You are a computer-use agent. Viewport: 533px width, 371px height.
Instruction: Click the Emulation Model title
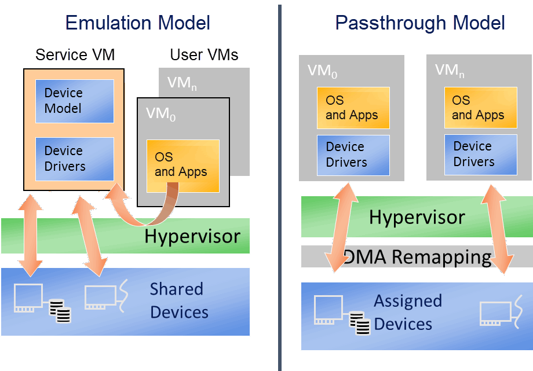[x=138, y=23]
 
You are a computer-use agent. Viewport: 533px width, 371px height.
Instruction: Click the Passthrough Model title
[x=420, y=23]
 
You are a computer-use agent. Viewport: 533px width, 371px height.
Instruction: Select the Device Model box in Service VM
[x=75, y=101]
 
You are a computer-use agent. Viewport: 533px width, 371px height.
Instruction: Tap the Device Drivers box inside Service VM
[x=75, y=159]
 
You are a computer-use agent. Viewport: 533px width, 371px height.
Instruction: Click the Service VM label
[x=75, y=55]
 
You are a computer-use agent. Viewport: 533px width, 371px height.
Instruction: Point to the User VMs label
[x=205, y=55]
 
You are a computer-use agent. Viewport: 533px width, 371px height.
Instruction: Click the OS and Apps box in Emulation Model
[x=183, y=166]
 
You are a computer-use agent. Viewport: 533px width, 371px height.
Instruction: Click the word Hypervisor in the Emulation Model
[x=192, y=237]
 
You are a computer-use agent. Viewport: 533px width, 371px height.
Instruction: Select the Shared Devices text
[x=179, y=300]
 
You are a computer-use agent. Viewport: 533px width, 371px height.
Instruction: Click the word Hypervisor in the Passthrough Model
[x=417, y=218]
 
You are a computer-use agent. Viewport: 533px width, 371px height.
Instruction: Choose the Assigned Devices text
[x=408, y=313]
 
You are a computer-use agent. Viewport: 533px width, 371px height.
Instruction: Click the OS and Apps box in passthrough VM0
[x=353, y=108]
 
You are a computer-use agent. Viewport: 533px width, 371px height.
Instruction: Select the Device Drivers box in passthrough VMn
[x=481, y=155]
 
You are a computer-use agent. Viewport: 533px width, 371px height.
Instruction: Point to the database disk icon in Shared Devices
[x=60, y=311]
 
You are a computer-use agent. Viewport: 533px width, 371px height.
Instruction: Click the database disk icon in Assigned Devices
[x=360, y=323]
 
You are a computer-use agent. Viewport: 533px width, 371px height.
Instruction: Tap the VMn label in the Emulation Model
[x=182, y=83]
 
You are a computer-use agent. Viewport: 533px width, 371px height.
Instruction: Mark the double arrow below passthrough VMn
[x=497, y=229]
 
